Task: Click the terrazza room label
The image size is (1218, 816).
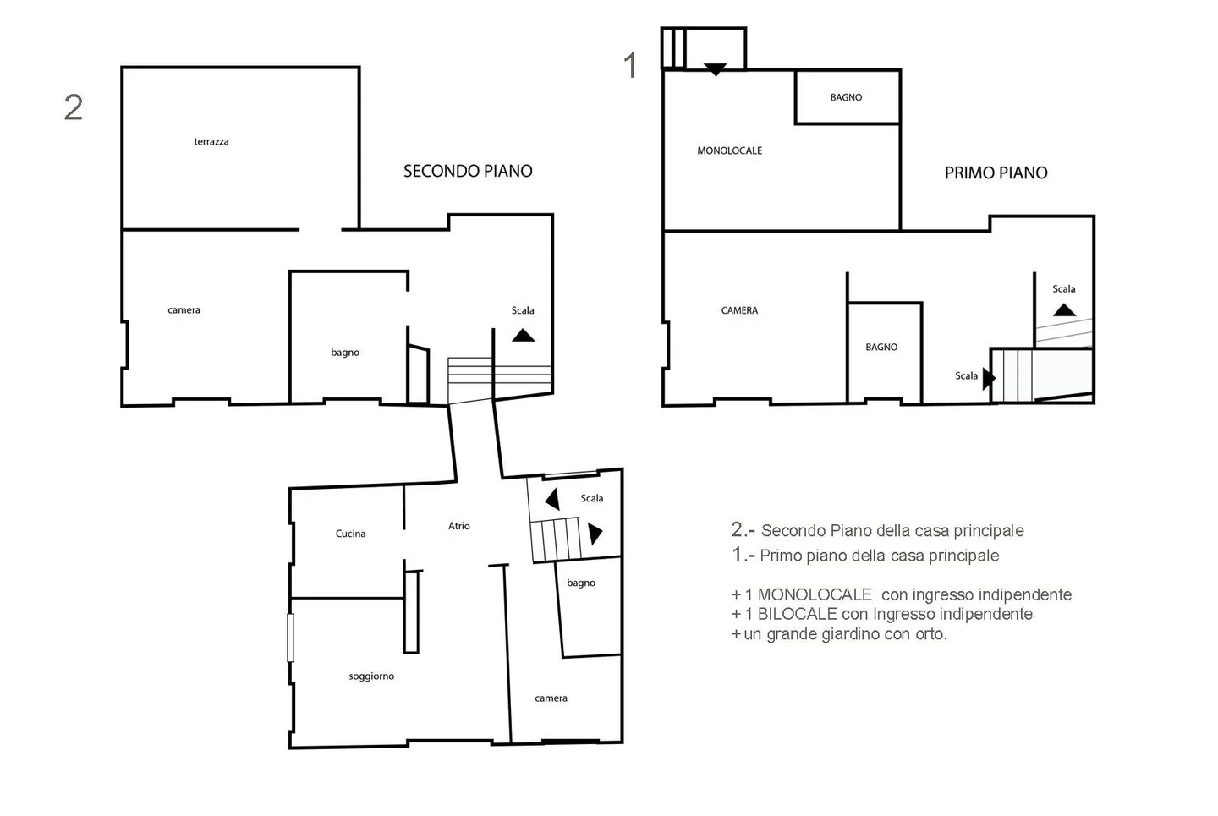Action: (211, 142)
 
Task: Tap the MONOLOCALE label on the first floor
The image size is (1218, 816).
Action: (730, 151)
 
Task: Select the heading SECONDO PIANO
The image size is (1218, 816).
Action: (468, 172)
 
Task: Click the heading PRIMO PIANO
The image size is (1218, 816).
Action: (996, 173)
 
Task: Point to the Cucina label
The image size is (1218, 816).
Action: (350, 534)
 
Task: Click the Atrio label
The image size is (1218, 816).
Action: (459, 526)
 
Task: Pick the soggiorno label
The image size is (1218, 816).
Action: (371, 676)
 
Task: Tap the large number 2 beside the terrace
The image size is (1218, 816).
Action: (74, 107)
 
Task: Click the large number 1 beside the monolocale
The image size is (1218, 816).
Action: (630, 65)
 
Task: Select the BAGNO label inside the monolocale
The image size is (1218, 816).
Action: (846, 97)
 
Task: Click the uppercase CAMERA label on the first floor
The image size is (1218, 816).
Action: (739, 310)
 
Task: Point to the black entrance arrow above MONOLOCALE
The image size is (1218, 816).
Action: (715, 69)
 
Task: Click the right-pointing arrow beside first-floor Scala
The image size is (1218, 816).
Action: (989, 378)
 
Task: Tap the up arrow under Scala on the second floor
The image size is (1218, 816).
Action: (523, 336)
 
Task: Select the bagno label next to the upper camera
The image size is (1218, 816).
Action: (345, 353)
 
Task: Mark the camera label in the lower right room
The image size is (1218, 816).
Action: (551, 698)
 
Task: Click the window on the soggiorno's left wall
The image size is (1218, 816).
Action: (290, 638)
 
